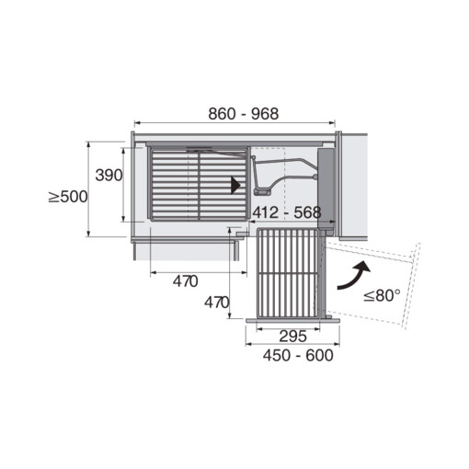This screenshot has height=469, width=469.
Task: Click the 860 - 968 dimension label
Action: pyautogui.click(x=244, y=114)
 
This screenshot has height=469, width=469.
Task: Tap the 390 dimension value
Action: pyautogui.click(x=109, y=176)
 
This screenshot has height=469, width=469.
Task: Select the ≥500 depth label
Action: pyautogui.click(x=68, y=197)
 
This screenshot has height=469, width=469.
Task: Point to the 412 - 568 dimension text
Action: pyautogui.click(x=287, y=212)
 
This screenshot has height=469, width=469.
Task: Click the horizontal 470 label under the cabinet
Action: pyautogui.click(x=186, y=281)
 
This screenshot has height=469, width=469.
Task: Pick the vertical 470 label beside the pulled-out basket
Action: pyautogui.click(x=217, y=303)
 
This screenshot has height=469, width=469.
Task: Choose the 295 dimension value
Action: pyautogui.click(x=292, y=337)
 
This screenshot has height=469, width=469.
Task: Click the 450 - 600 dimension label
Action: pyautogui.click(x=298, y=356)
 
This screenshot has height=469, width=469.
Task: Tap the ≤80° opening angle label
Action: pyautogui.click(x=382, y=295)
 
